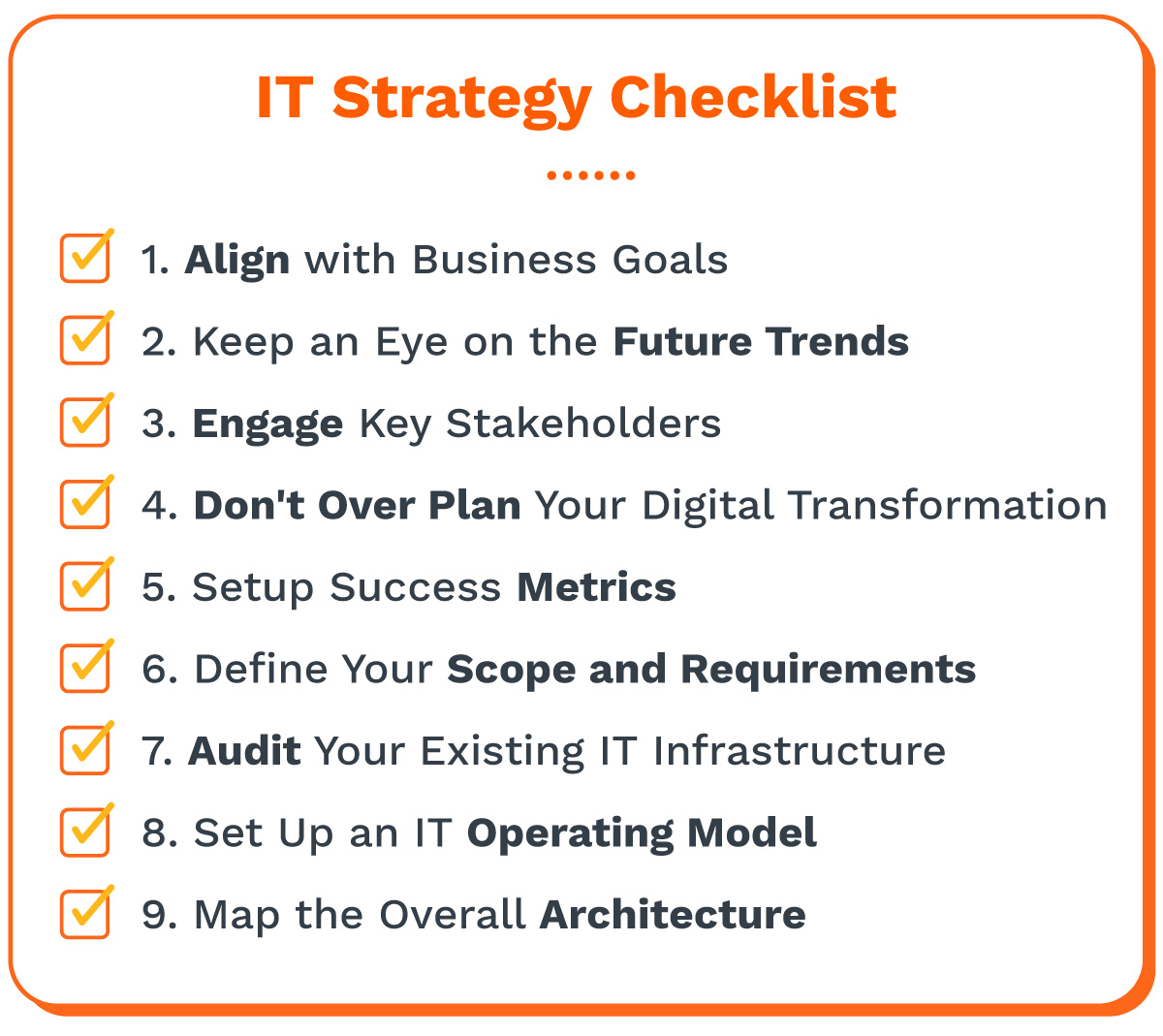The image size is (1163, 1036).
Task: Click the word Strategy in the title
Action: tap(461, 99)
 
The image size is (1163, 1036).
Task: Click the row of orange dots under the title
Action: tap(590, 175)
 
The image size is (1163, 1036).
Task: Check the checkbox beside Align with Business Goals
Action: tap(85, 258)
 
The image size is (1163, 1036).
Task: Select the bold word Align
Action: tap(236, 261)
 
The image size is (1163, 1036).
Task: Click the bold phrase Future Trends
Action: tap(761, 342)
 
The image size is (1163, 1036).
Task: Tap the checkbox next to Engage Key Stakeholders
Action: tap(85, 422)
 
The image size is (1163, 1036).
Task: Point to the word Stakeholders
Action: tap(582, 424)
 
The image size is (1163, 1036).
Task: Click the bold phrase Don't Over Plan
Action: tap(357, 506)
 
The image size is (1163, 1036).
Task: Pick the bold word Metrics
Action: tap(596, 587)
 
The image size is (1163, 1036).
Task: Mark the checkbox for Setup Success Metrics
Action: tap(85, 585)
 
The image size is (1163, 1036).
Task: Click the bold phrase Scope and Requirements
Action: tap(710, 670)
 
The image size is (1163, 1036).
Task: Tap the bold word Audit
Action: tap(244, 751)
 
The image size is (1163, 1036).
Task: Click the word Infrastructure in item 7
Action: tap(799, 751)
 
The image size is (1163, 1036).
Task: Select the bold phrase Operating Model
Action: tap(642, 833)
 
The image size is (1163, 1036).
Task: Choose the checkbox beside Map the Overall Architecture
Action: tap(85, 913)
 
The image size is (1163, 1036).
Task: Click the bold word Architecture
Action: tap(672, 915)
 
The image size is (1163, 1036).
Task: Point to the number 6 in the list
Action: tap(155, 670)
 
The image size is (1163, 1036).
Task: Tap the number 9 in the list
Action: tap(155, 915)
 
